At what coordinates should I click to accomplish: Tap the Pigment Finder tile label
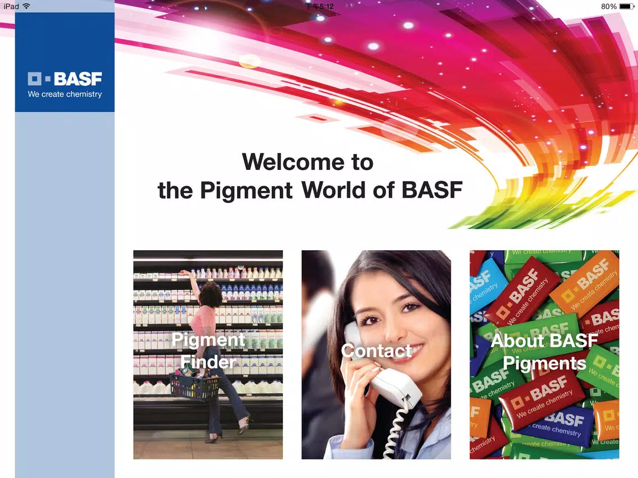point(208,351)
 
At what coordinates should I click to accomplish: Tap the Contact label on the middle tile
point(376,351)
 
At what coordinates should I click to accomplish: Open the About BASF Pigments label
point(544,352)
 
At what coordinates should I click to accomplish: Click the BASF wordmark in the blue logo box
point(78,79)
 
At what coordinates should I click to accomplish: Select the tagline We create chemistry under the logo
point(65,94)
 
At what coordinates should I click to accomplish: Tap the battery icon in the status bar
point(627,7)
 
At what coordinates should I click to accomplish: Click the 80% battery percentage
point(609,7)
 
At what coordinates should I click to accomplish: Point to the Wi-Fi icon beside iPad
point(26,6)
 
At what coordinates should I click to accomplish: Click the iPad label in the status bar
point(11,7)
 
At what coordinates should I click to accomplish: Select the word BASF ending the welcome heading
point(432,190)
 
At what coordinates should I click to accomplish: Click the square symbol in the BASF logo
point(35,79)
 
